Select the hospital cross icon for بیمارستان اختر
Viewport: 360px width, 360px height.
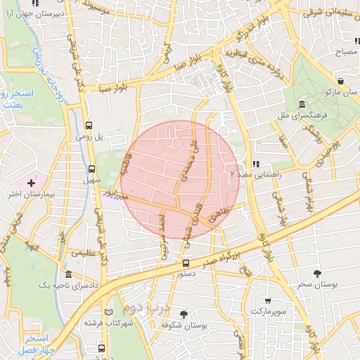pos(31,183)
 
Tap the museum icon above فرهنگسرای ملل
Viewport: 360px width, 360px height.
pos(301,102)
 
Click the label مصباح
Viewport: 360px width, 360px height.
pos(345,52)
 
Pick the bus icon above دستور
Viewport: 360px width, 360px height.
pos(185,264)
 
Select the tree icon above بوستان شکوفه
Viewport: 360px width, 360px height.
pos(184,314)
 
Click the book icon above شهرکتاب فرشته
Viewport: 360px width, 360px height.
pos(108,312)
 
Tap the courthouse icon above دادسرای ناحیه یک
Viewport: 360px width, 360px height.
pos(68,275)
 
